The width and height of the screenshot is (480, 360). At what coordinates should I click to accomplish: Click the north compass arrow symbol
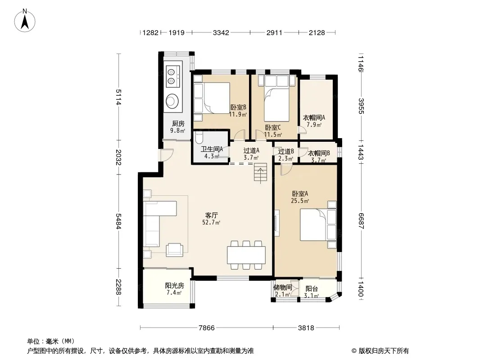click(25, 21)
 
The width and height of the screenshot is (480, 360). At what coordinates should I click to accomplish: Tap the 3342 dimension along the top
click(221, 32)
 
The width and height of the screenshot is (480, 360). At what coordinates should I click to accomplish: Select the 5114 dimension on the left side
click(118, 97)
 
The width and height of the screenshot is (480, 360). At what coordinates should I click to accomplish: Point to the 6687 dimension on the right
click(361, 221)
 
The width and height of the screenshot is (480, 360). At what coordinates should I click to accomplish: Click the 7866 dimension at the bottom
click(207, 328)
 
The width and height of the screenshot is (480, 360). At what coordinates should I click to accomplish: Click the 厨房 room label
click(178, 124)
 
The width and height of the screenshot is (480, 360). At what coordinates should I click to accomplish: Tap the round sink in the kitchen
click(172, 100)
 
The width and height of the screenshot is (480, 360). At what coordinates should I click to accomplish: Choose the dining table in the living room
click(246, 256)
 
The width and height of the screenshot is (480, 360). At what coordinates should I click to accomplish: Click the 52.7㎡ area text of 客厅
click(211, 223)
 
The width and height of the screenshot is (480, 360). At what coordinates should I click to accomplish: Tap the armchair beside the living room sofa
click(175, 250)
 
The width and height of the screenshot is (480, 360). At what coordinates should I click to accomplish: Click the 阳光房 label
click(175, 285)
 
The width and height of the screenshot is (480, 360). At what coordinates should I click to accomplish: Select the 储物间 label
click(282, 288)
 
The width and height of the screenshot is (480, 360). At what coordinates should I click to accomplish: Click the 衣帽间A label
click(314, 117)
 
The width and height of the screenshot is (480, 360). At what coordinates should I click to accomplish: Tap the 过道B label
click(286, 151)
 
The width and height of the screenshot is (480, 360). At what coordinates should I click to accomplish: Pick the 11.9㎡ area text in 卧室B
click(238, 114)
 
